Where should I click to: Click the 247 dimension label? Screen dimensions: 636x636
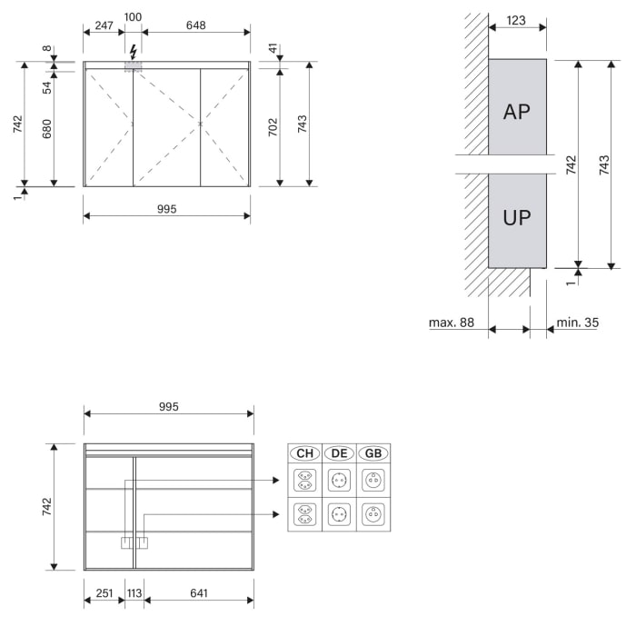click(103, 25)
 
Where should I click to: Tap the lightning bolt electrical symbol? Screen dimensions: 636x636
click(134, 51)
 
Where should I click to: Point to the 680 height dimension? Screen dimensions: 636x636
click(46, 129)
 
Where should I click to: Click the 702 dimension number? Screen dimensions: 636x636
click(273, 128)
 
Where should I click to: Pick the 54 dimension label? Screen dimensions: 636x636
click(46, 86)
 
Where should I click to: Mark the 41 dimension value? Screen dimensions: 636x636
click(273, 50)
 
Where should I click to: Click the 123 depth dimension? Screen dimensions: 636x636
click(515, 20)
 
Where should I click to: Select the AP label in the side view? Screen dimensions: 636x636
click(517, 112)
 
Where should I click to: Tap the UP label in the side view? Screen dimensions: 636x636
click(517, 218)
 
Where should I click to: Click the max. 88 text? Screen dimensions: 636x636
click(452, 323)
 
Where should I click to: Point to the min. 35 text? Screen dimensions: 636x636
click(578, 323)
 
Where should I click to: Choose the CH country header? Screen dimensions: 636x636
click(304, 453)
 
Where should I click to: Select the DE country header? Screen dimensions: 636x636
click(339, 453)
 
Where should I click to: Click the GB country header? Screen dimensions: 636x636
click(373, 453)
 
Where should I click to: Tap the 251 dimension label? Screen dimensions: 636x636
click(104, 593)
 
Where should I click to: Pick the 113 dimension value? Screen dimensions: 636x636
click(134, 593)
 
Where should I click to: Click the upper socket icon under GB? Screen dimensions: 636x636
click(373, 480)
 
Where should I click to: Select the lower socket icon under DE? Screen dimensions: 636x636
click(339, 514)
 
